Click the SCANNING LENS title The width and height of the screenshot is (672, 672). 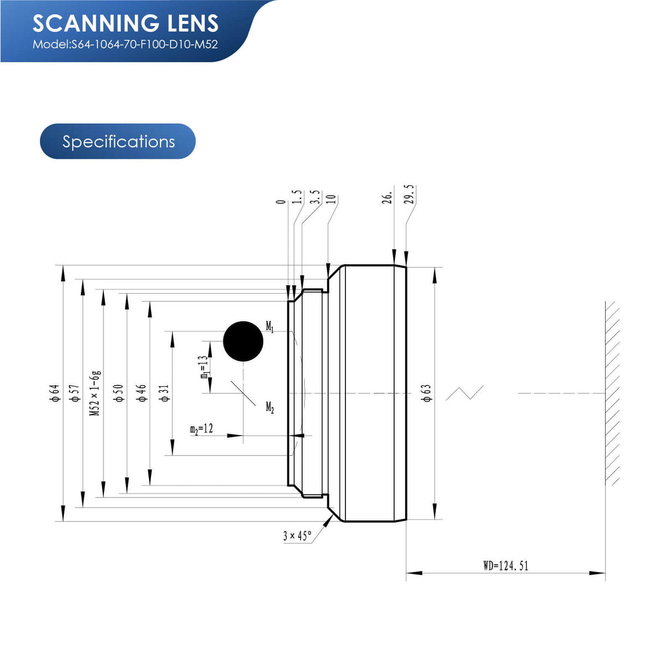(126, 23)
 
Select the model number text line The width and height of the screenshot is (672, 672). (125, 44)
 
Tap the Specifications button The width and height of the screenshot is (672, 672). (118, 141)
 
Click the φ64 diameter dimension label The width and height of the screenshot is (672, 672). (54, 392)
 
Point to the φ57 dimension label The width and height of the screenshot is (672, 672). (74, 392)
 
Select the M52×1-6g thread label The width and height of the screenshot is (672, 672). (95, 393)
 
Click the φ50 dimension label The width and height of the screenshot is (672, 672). (118, 392)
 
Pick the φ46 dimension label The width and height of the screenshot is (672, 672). (142, 392)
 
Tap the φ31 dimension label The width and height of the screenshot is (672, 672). (164, 392)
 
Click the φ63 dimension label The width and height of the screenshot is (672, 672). (426, 392)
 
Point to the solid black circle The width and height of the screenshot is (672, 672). (243, 341)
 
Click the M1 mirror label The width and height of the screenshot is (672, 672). (270, 327)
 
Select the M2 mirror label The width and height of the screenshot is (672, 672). (270, 408)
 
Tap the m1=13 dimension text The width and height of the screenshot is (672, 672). (204, 367)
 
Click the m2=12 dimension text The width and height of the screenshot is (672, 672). (201, 429)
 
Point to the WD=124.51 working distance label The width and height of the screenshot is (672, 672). (505, 566)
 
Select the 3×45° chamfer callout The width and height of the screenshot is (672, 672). (297, 536)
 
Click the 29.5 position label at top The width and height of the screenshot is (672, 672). (410, 194)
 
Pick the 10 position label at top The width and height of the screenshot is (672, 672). (332, 199)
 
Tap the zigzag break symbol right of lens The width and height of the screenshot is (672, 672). (464, 393)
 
